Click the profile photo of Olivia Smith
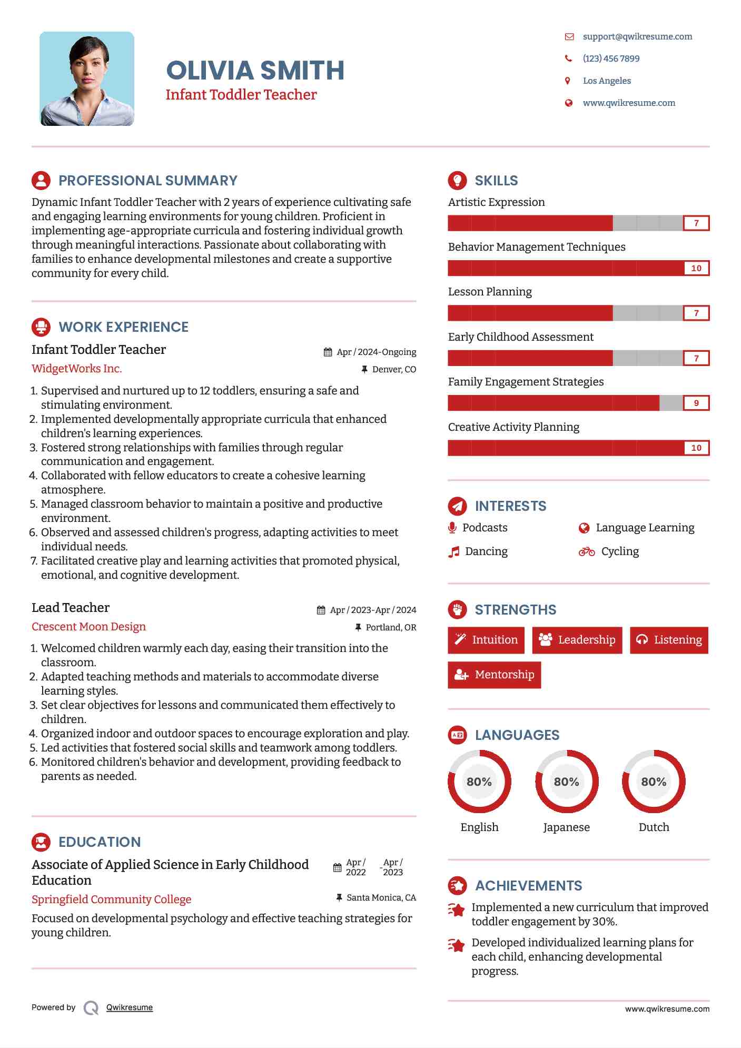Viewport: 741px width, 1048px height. click(x=87, y=78)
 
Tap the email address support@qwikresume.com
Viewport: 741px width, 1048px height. click(x=637, y=36)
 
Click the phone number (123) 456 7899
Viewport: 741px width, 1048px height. click(x=611, y=58)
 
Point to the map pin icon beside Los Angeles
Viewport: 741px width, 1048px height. click(x=567, y=81)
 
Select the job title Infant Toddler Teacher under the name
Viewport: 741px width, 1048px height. click(x=241, y=95)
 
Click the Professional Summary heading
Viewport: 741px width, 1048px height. click(x=147, y=181)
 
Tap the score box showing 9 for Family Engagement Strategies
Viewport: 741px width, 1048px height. click(x=696, y=403)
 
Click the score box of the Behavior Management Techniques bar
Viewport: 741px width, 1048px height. click(x=696, y=268)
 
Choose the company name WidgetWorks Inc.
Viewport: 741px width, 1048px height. click(x=76, y=369)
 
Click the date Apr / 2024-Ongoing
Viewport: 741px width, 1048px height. click(x=376, y=352)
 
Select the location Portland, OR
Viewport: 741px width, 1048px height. click(x=391, y=627)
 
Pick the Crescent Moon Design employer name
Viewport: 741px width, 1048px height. click(x=88, y=627)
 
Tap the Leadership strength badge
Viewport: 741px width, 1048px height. click(x=577, y=640)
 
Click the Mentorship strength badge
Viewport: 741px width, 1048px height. click(x=494, y=675)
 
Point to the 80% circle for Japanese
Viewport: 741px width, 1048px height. click(x=566, y=782)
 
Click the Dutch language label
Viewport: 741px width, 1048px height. click(x=653, y=827)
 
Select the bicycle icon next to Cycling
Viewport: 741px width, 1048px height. click(x=586, y=551)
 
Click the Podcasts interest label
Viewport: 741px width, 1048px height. click(x=485, y=528)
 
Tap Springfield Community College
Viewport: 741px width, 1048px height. click(x=111, y=899)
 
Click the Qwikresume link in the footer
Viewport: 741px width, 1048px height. click(x=129, y=1007)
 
